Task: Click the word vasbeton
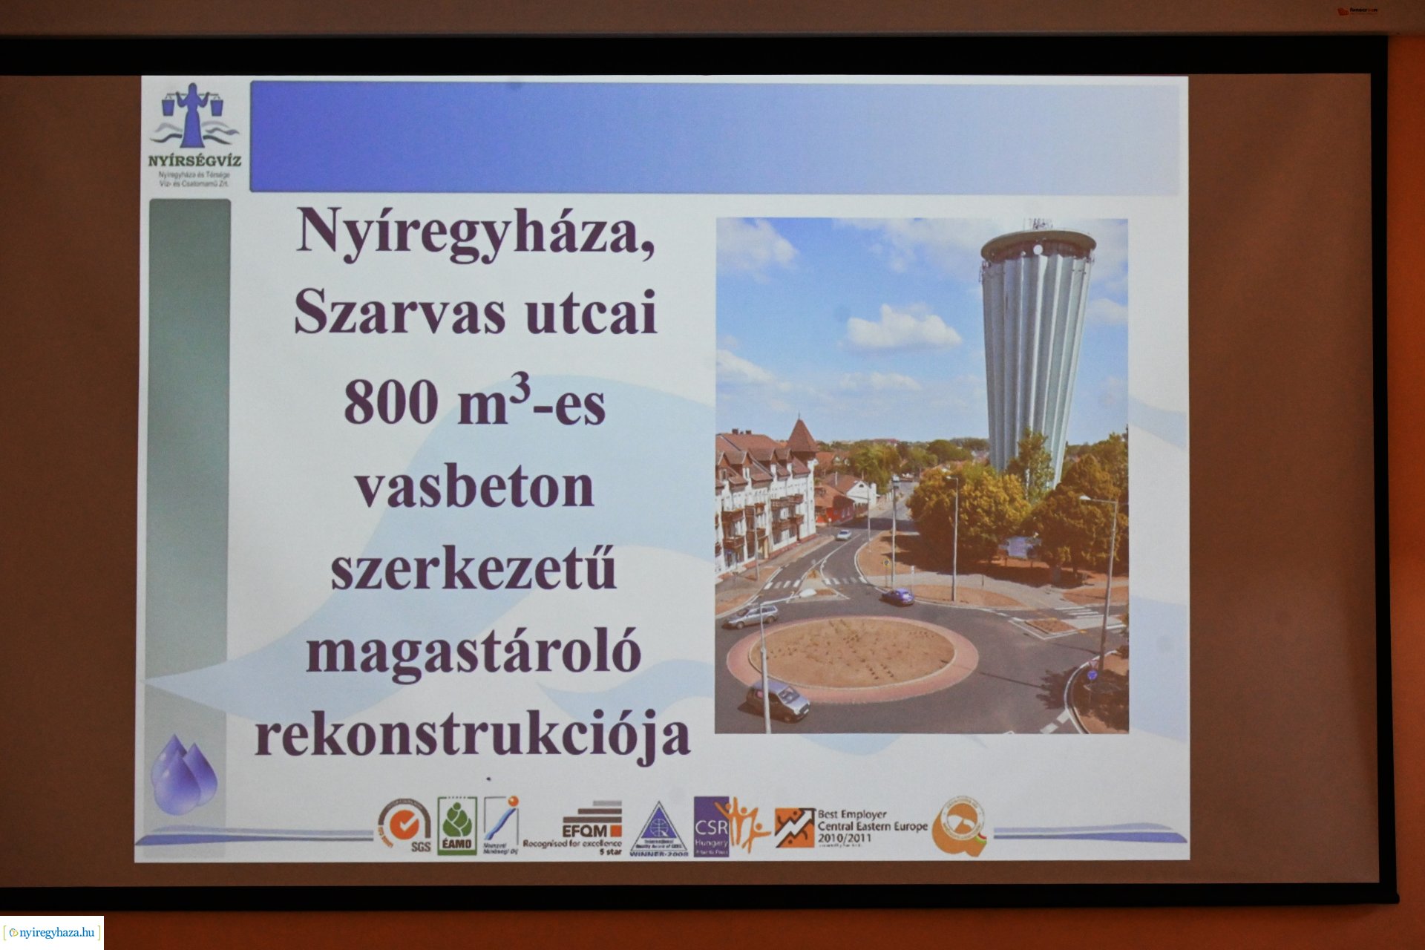click(x=474, y=488)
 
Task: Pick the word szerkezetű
click(x=474, y=571)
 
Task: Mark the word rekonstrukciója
click(x=472, y=735)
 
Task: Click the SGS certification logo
click(x=405, y=826)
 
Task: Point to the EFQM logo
click(x=592, y=824)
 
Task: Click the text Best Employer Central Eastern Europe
click(x=871, y=826)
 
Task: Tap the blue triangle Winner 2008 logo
click(x=659, y=829)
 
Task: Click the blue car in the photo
click(x=897, y=596)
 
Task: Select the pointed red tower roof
click(x=801, y=437)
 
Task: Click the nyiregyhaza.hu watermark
click(x=52, y=933)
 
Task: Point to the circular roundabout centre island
click(x=851, y=653)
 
